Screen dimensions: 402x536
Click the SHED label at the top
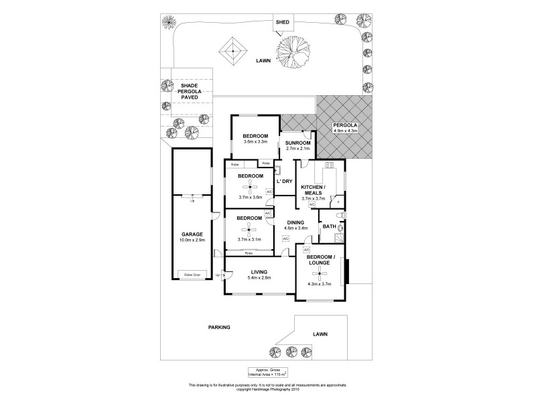(283, 22)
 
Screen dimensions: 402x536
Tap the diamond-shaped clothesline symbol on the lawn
(232, 51)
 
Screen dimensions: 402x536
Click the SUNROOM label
(298, 143)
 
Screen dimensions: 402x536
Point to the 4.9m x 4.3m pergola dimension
(346, 131)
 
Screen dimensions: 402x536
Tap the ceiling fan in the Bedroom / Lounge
(319, 273)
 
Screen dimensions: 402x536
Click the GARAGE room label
(191, 234)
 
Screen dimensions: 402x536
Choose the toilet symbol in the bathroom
(341, 214)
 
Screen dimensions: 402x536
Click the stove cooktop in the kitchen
(329, 165)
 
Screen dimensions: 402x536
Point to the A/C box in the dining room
(285, 239)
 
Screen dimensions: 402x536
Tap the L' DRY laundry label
(285, 182)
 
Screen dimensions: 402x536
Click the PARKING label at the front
(218, 327)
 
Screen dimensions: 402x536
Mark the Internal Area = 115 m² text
(268, 374)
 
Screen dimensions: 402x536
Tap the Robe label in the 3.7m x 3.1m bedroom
(248, 253)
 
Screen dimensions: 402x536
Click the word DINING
(295, 222)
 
